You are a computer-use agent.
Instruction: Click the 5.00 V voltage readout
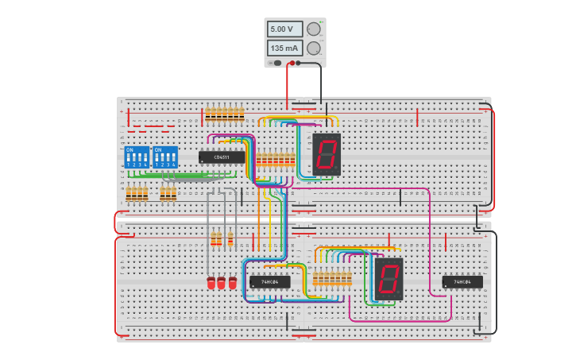(284, 29)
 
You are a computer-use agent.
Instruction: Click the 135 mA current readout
(284, 48)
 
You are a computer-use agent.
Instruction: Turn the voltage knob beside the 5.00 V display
(314, 29)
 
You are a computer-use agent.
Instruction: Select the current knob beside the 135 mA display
(314, 48)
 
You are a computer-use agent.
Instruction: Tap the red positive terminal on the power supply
(292, 62)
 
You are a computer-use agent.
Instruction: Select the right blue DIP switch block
(164, 157)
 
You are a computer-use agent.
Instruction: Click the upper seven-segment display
(327, 154)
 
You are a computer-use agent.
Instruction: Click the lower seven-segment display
(388, 278)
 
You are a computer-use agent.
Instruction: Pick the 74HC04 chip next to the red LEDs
(270, 281)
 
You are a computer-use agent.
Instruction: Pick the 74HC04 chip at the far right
(462, 281)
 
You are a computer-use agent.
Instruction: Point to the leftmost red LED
(211, 283)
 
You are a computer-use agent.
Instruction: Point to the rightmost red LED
(233, 283)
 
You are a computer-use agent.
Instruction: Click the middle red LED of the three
(222, 283)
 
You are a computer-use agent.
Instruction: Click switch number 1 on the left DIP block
(129, 158)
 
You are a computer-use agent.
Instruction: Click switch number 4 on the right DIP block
(172, 158)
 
